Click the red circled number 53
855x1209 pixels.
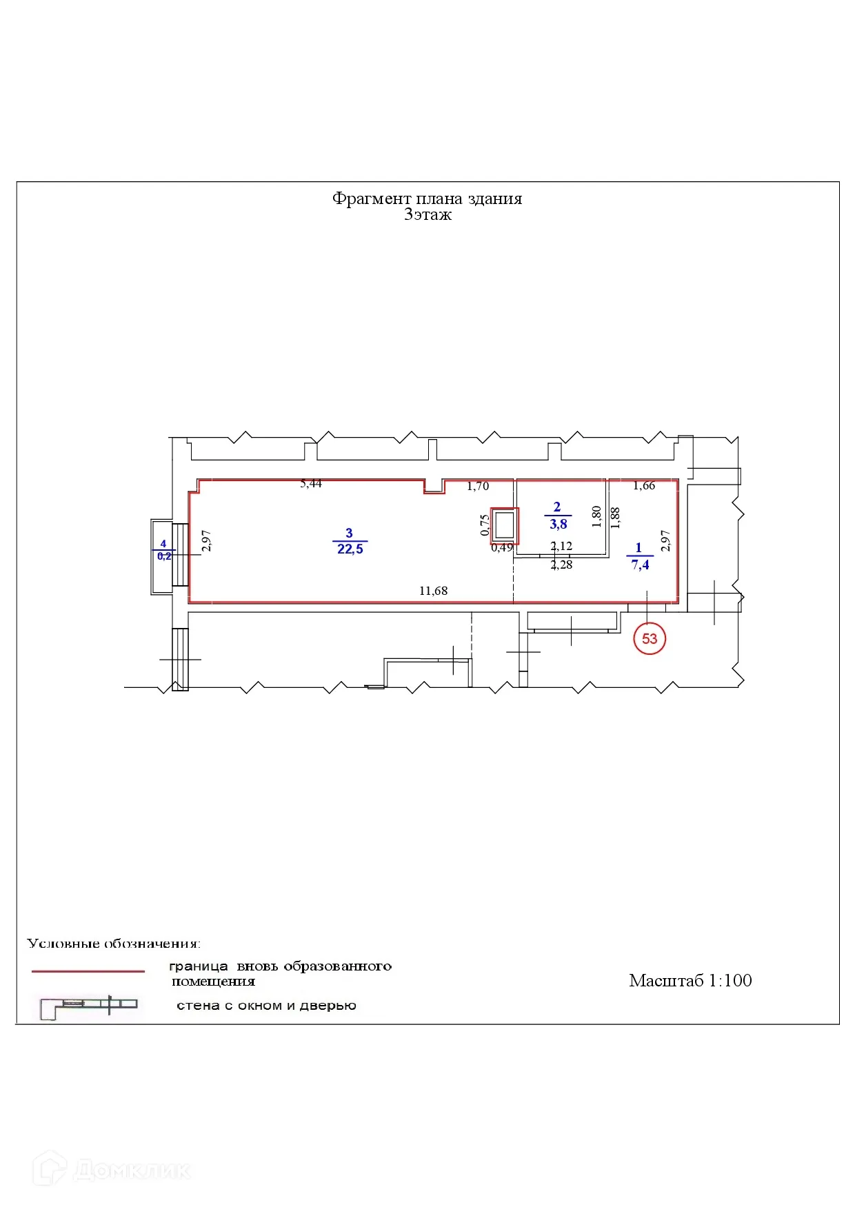click(650, 638)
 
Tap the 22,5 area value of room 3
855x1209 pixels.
click(350, 549)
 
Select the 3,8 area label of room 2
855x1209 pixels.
click(559, 524)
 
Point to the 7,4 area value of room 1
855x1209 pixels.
click(640, 565)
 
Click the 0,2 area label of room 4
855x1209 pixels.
click(164, 556)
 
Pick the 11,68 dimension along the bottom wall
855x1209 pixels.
click(433, 591)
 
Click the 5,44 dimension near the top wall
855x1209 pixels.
click(311, 484)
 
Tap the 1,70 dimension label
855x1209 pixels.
click(478, 486)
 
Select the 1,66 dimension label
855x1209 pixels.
click(644, 485)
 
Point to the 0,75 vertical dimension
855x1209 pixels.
click(485, 525)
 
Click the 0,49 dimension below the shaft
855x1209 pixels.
click(501, 547)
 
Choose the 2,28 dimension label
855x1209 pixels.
click(561, 565)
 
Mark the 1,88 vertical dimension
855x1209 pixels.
click(616, 518)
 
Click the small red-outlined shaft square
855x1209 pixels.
click(505, 525)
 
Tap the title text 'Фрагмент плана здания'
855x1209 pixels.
click(427, 199)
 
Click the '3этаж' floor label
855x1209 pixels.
click(428, 214)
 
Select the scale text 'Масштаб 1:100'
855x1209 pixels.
click(690, 980)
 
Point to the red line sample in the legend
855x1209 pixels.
click(88, 971)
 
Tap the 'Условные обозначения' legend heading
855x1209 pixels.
click(114, 943)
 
